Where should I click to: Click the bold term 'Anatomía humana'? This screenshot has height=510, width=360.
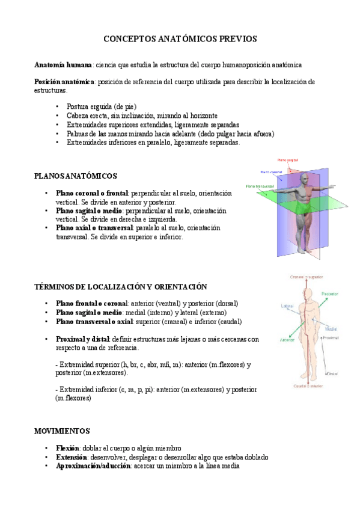pyautogui.click(x=63, y=64)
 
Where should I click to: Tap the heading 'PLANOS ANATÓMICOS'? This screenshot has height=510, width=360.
pyautogui.click(x=76, y=176)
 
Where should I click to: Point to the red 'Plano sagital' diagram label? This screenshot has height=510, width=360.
pyautogui.click(x=288, y=161)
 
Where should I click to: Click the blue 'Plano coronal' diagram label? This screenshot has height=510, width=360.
pyautogui.click(x=271, y=172)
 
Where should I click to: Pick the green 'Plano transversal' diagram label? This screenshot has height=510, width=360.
pyautogui.click(x=260, y=186)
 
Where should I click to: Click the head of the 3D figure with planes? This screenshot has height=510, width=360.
pyautogui.click(x=307, y=180)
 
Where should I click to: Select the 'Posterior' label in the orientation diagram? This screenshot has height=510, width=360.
pyautogui.click(x=329, y=293)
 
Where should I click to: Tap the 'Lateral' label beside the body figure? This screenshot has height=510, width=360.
pyautogui.click(x=287, y=306)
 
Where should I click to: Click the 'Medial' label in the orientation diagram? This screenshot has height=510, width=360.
pyautogui.click(x=331, y=330)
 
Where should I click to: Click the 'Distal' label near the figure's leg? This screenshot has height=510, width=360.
pyautogui.click(x=332, y=373)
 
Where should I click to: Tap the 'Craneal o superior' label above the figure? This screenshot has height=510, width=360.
pyautogui.click(x=307, y=277)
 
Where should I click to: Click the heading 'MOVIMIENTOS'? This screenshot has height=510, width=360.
pyautogui.click(x=62, y=431)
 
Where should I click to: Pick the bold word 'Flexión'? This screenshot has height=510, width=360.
pyautogui.click(x=67, y=448)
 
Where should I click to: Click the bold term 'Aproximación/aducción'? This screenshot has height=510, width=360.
pyautogui.click(x=93, y=465)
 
